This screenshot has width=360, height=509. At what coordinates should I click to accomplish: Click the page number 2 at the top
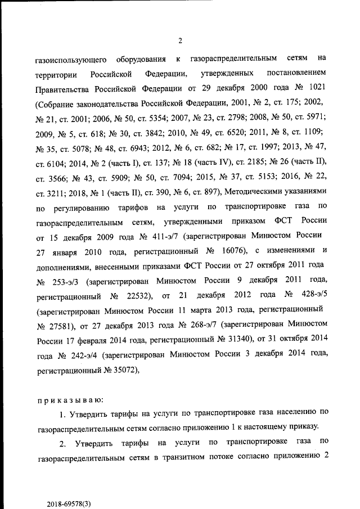179,40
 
